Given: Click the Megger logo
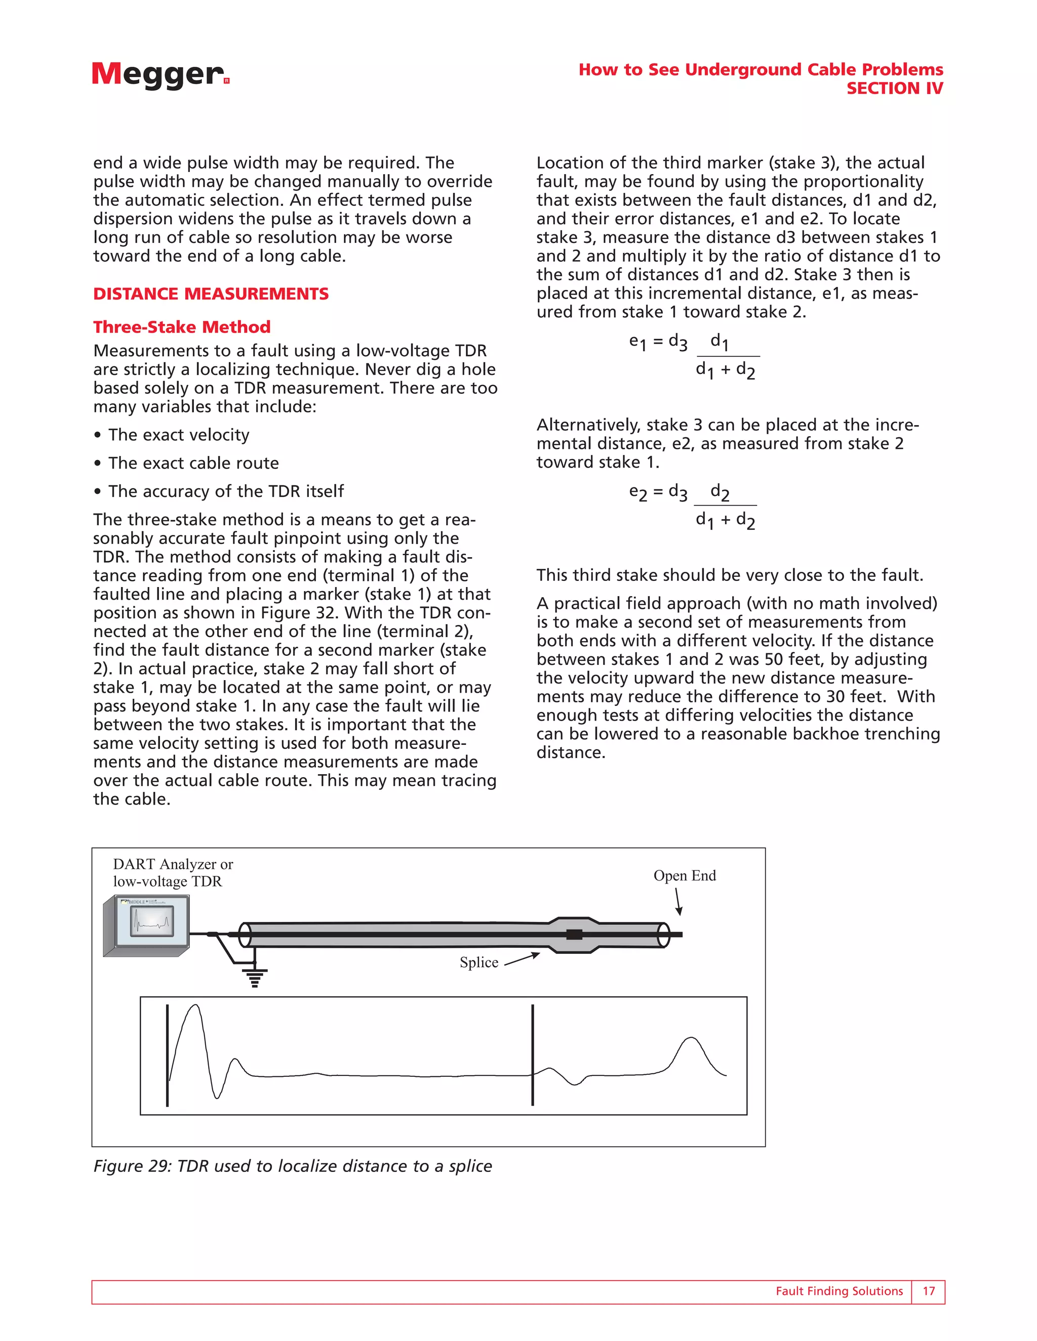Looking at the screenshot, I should click(x=159, y=74).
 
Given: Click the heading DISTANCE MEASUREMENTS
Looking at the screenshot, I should click(x=211, y=294).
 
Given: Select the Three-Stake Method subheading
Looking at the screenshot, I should click(x=182, y=327).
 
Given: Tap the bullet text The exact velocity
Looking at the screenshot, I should click(x=179, y=435).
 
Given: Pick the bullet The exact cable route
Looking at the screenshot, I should click(x=193, y=463).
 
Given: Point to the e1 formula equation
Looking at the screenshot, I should click(x=694, y=356).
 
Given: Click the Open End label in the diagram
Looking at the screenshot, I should click(x=685, y=875).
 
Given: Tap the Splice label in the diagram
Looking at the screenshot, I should click(x=478, y=962).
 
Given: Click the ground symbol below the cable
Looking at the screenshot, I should click(x=255, y=975).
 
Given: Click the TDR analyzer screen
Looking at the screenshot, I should click(x=152, y=921).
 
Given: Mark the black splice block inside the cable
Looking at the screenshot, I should click(x=574, y=935).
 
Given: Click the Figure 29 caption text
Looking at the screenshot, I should click(x=293, y=1166).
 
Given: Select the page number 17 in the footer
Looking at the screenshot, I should click(x=928, y=1291).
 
